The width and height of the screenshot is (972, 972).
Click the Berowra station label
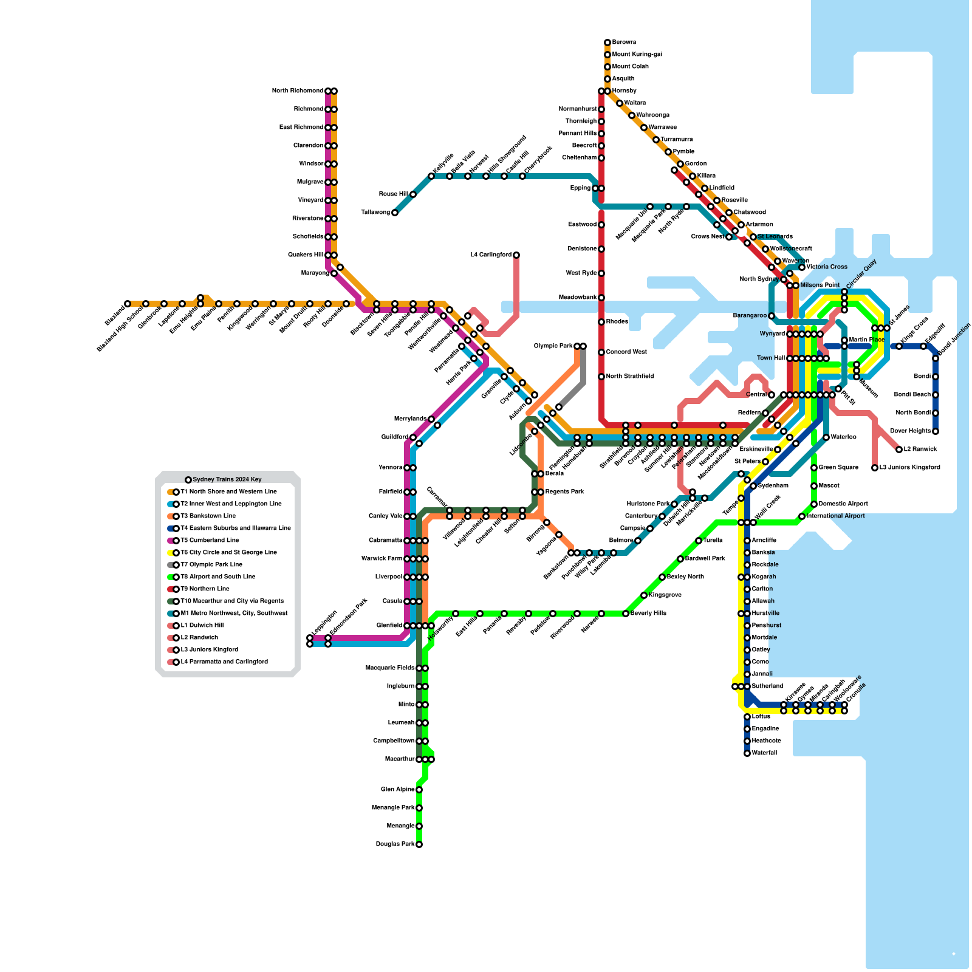pyautogui.click(x=624, y=43)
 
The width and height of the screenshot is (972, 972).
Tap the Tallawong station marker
pyautogui.click(x=395, y=213)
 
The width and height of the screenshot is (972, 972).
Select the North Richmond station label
pyautogui.click(x=298, y=91)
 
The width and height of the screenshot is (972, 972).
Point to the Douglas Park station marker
pyautogui.click(x=419, y=844)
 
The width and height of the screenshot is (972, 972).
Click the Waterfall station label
pyautogui.click(x=764, y=753)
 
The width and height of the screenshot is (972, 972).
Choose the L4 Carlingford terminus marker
pyautogui.click(x=516, y=255)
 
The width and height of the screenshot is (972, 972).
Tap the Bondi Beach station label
pyautogui.click(x=912, y=395)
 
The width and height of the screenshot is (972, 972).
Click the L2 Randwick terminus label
pyautogui.click(x=920, y=450)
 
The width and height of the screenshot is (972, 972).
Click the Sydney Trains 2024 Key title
pyautogui.click(x=227, y=480)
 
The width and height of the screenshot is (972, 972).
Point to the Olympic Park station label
pyautogui.click(x=553, y=346)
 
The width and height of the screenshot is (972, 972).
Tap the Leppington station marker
pyautogui.click(x=310, y=638)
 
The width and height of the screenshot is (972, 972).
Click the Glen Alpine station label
pyautogui.click(x=397, y=790)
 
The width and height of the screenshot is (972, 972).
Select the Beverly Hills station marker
pyautogui.click(x=626, y=614)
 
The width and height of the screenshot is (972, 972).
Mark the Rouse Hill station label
pyautogui.click(x=393, y=194)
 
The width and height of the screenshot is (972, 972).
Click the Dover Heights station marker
pyautogui.click(x=936, y=431)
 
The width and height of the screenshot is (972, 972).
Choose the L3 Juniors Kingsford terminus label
pyautogui.click(x=909, y=468)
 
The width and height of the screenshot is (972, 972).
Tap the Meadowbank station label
pyautogui.click(x=578, y=298)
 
